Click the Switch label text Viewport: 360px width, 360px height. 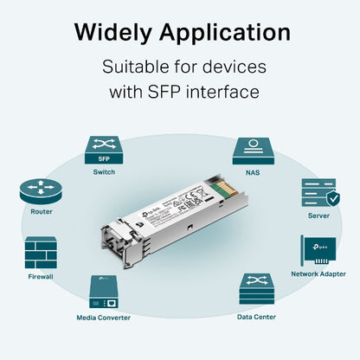[103, 172]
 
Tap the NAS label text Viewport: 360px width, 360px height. [254, 172]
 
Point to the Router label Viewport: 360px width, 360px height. [41, 212]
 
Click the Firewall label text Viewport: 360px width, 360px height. [41, 277]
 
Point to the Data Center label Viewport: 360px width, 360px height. [256, 317]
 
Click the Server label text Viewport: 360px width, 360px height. [318, 215]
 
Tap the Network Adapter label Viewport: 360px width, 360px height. [318, 273]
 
